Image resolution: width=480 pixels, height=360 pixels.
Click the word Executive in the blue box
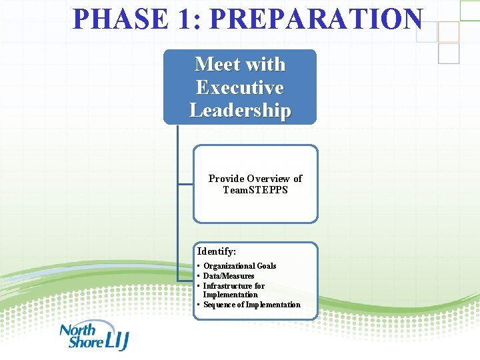pos(240,87)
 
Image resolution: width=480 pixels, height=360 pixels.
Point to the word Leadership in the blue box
pos(240,110)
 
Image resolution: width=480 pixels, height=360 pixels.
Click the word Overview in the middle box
pos(269,179)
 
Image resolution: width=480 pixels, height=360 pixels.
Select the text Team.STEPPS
pos(255,190)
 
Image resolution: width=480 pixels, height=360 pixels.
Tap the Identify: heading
pos(217,251)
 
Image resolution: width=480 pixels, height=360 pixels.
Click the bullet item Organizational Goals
pos(239,266)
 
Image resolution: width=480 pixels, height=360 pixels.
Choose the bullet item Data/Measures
pos(228,276)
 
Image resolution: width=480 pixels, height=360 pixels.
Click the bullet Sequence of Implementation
pos(251,305)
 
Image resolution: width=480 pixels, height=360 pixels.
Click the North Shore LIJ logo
pos(93,337)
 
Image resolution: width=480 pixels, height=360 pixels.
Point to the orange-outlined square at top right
pos(449,31)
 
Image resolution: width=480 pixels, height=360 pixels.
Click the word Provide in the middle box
pos(226,179)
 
